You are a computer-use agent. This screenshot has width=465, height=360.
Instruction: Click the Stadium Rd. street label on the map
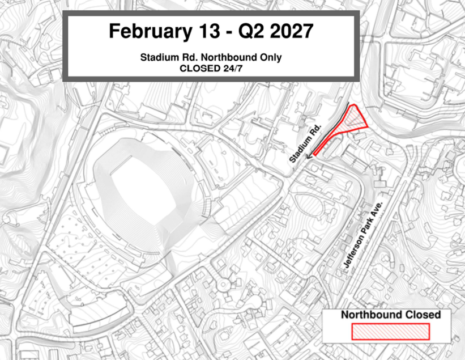306,144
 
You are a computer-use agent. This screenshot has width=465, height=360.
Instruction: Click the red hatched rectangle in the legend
391,332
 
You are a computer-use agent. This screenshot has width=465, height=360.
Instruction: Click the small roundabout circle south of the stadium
222,282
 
